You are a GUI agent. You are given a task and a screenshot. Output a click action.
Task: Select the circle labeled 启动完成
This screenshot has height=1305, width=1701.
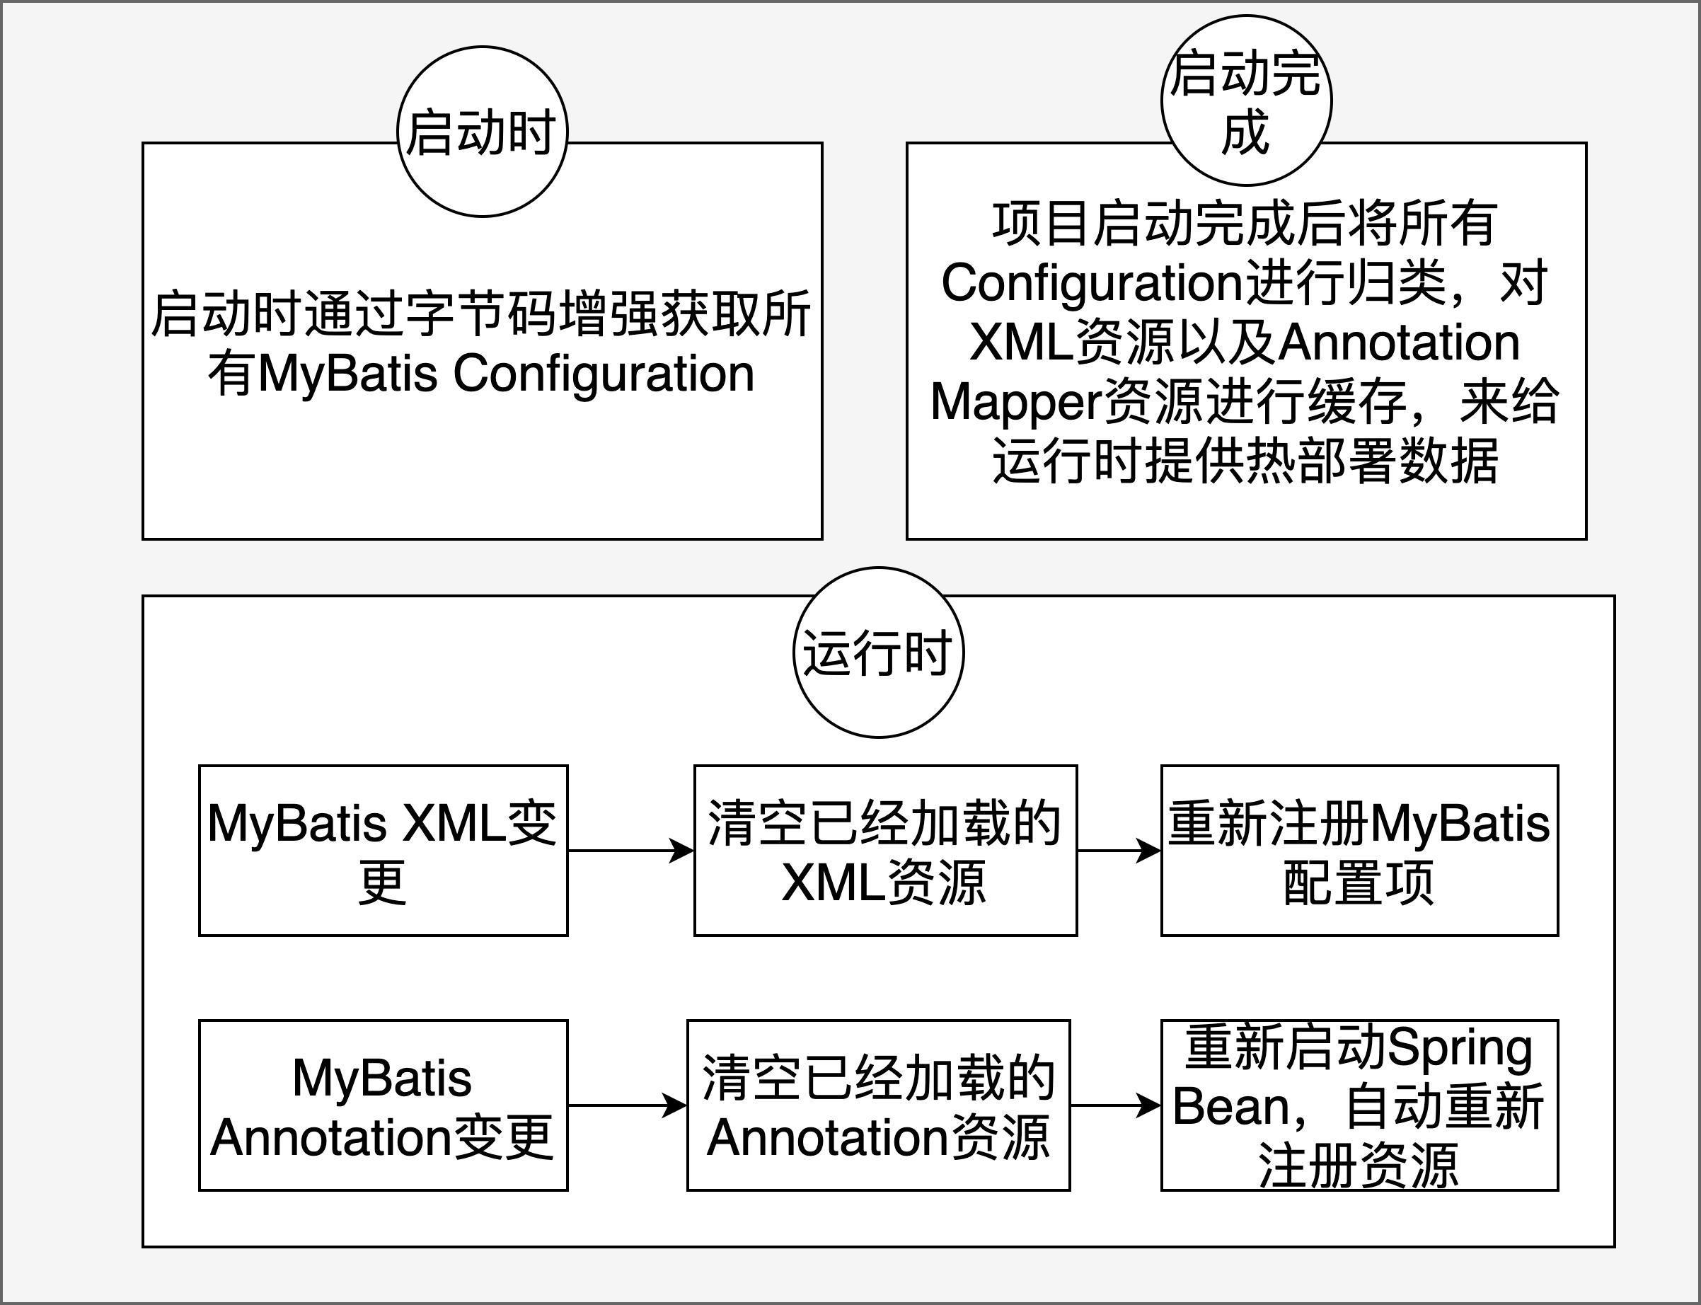coord(1246,101)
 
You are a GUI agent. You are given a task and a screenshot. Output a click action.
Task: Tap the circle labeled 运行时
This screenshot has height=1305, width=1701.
coord(877,652)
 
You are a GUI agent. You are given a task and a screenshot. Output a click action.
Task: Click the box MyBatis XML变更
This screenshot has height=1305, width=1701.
coord(383,851)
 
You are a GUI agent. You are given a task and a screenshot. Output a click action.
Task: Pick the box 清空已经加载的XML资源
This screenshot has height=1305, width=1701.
coord(884,851)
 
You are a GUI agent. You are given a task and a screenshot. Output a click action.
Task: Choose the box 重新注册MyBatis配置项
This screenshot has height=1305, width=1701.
coord(1359,851)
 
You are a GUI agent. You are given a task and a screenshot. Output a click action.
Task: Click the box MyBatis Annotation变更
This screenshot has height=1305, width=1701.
coord(383,1105)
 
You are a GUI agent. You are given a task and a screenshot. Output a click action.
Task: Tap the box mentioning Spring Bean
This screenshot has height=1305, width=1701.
coord(1359,1105)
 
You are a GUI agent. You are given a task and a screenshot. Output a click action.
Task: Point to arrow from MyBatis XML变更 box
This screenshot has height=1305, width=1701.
coord(630,851)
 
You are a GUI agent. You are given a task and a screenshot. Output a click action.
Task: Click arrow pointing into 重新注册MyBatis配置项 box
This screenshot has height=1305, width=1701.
coord(1119,851)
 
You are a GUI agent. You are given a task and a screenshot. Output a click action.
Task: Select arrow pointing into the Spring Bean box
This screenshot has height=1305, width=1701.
coord(1115,1105)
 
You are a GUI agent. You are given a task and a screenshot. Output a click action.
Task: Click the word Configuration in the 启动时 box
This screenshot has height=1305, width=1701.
coord(604,374)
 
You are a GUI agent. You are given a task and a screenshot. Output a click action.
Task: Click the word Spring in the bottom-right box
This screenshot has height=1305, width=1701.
coord(1460,1049)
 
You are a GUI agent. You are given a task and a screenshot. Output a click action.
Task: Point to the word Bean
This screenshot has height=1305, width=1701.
coord(1231,1106)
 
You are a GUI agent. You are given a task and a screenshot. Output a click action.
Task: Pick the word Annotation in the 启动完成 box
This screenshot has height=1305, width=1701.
coord(1398,343)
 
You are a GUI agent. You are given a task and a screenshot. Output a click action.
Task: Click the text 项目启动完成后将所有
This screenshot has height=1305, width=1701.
coord(1245,224)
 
